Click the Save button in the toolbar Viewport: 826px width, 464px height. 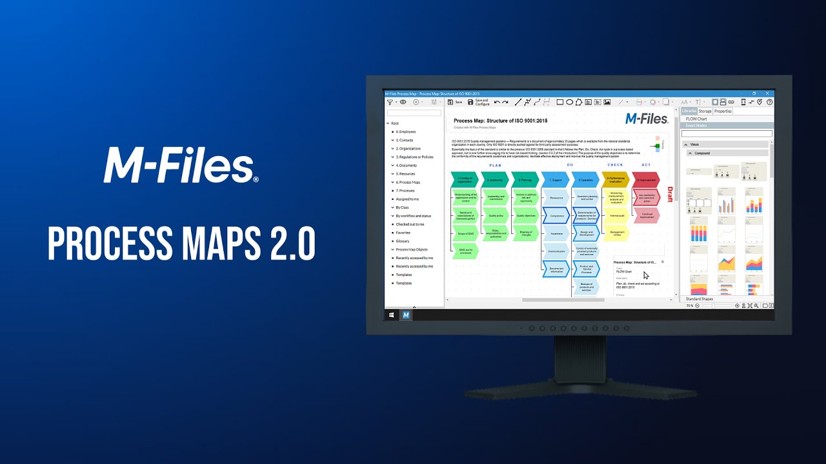point(456,102)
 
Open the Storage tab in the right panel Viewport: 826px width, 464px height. point(705,111)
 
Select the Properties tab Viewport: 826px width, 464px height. point(723,111)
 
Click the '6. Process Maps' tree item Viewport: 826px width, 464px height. point(408,182)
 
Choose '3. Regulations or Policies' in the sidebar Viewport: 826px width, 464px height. point(414,157)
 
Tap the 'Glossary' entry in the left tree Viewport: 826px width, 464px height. point(403,241)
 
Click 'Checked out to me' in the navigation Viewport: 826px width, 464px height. point(410,224)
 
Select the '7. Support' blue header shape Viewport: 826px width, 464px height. point(555,180)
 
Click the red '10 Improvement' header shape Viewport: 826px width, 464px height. point(646,180)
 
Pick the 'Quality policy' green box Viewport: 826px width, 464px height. point(496,216)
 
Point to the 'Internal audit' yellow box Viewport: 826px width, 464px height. point(617,215)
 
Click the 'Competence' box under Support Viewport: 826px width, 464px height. point(556,216)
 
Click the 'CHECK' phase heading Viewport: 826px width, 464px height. point(615,165)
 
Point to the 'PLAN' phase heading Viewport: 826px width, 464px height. point(495,165)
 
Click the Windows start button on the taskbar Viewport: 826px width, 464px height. point(391,315)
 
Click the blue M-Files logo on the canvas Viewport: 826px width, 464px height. point(647,119)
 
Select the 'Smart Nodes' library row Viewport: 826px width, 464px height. point(696,125)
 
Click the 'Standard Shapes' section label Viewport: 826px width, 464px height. point(700,299)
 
